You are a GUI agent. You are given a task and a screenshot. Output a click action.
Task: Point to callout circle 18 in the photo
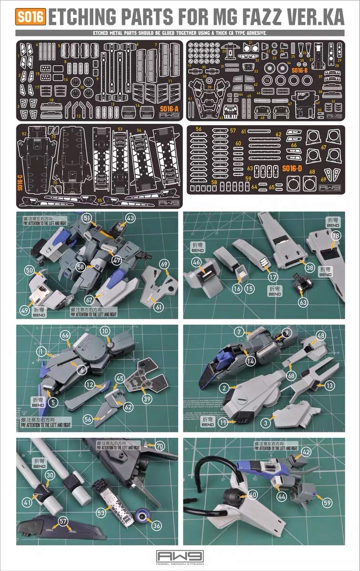336,236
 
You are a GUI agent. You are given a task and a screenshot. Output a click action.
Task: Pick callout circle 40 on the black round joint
252,494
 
